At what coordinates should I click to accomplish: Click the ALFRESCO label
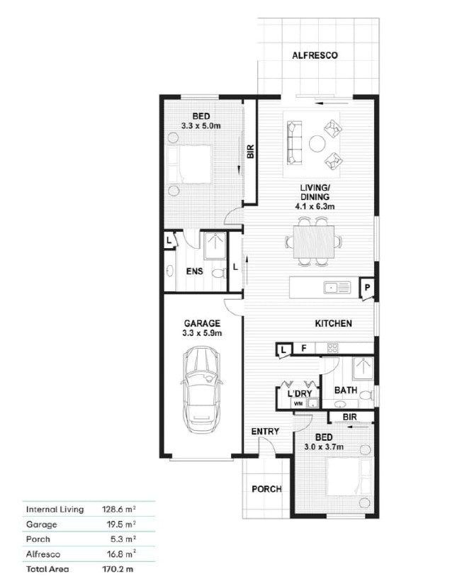(x=315, y=55)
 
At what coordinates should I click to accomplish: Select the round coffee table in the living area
(x=317, y=144)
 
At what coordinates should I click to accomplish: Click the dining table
(x=313, y=242)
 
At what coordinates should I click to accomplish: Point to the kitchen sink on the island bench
(x=337, y=287)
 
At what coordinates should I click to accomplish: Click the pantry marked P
(x=367, y=288)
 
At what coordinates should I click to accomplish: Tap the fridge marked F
(x=303, y=348)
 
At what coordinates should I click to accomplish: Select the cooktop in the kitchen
(x=332, y=348)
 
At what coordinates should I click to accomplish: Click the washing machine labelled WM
(x=298, y=403)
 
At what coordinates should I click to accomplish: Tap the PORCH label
(x=266, y=489)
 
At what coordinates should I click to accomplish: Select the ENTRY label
(x=265, y=432)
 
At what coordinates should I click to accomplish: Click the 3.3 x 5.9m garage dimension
(x=202, y=333)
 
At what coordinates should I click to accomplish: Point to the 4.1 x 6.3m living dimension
(x=315, y=206)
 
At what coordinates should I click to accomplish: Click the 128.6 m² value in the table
(x=119, y=510)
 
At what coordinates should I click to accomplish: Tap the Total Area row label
(x=47, y=568)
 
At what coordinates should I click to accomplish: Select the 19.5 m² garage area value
(x=121, y=524)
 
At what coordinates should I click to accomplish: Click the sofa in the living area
(x=295, y=142)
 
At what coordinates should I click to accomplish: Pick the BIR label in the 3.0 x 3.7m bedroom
(x=350, y=417)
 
